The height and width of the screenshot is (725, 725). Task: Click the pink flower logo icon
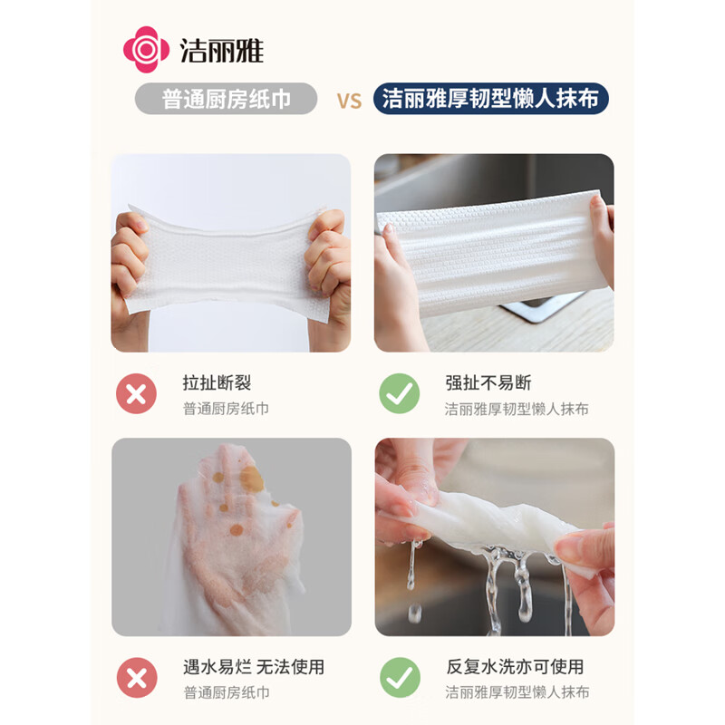[146, 49]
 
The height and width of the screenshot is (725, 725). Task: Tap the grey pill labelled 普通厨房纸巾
[227, 99]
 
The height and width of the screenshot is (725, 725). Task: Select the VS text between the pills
[349, 100]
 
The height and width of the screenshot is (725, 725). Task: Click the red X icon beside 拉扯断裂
[136, 394]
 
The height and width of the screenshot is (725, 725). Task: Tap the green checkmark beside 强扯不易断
[400, 394]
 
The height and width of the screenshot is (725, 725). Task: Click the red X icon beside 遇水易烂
[136, 678]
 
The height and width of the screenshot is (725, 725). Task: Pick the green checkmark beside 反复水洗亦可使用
[400, 678]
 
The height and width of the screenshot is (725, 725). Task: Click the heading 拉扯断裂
[218, 383]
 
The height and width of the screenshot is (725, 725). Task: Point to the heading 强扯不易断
[488, 383]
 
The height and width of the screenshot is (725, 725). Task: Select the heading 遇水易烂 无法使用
[253, 667]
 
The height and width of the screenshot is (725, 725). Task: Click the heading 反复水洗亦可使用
[514, 667]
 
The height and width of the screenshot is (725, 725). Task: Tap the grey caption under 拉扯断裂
[226, 409]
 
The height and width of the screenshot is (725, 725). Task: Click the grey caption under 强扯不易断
[517, 409]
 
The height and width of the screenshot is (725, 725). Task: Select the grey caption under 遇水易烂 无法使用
[226, 692]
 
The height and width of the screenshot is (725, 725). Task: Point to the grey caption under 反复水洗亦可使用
[517, 692]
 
